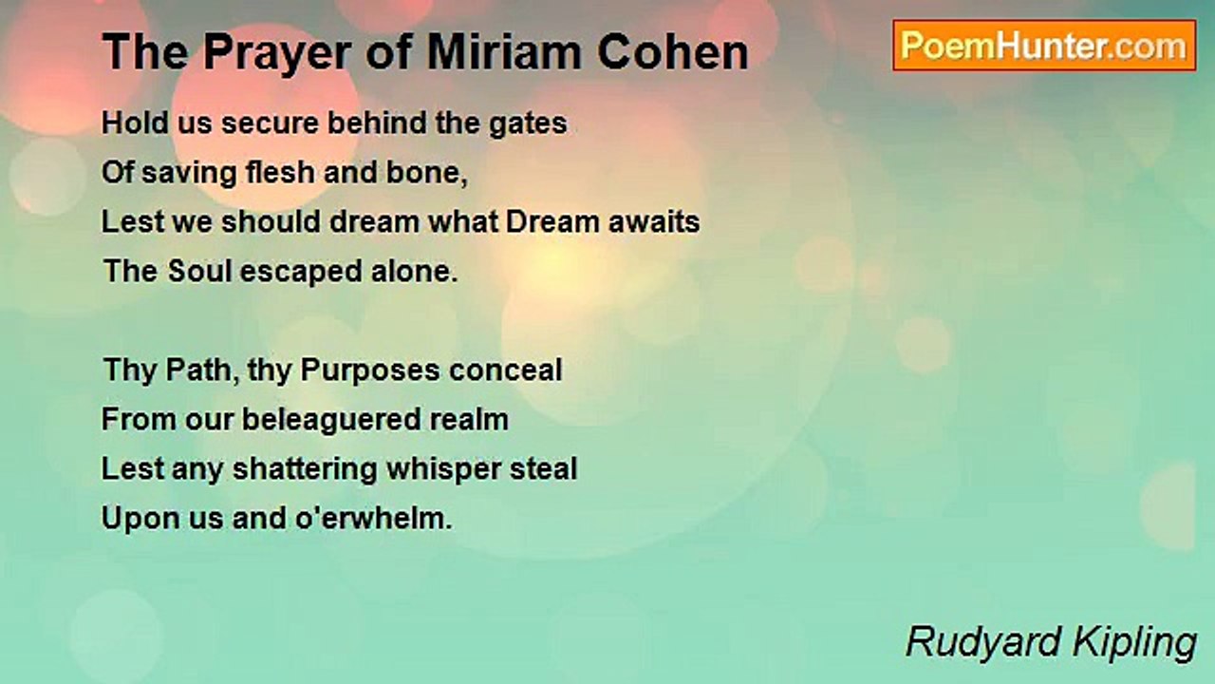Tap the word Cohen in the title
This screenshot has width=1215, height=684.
pyautogui.click(x=673, y=52)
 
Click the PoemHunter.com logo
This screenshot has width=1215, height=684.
pyautogui.click(x=1044, y=46)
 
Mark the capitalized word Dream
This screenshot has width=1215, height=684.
pyautogui.click(x=552, y=221)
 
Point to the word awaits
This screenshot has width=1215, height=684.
pyautogui.click(x=654, y=222)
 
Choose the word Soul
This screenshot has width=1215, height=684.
pyautogui.click(x=199, y=271)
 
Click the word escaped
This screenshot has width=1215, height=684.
pyautogui.click(x=301, y=273)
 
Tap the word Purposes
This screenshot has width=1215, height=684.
pyautogui.click(x=370, y=371)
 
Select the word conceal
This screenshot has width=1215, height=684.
pyautogui.click(x=506, y=370)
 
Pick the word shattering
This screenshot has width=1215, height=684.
pyautogui.click(x=305, y=470)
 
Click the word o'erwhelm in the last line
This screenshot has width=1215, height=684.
pyautogui.click(x=374, y=518)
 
